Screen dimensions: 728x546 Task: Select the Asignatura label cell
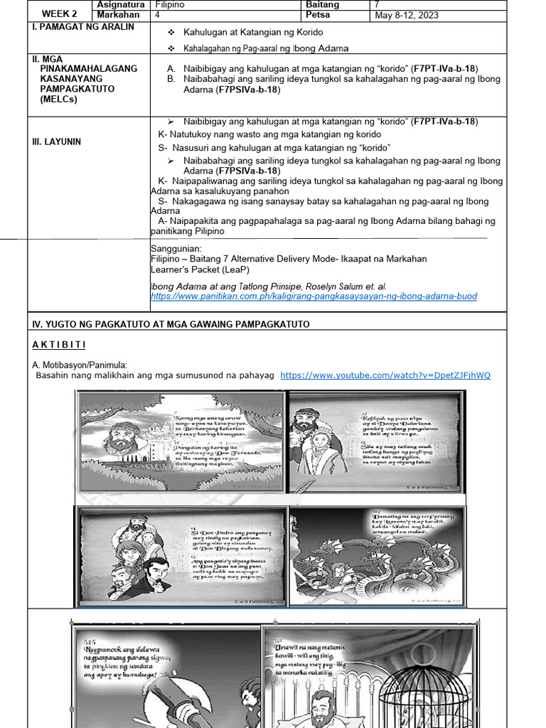120,5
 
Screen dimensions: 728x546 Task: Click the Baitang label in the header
322,5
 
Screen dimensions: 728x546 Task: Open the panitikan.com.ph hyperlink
314,296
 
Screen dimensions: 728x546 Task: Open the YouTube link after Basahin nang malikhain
385,375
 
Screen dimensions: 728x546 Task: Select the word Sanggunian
176,249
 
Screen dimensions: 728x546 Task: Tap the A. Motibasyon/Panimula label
78,365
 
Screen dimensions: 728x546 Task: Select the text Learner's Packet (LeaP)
200,269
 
